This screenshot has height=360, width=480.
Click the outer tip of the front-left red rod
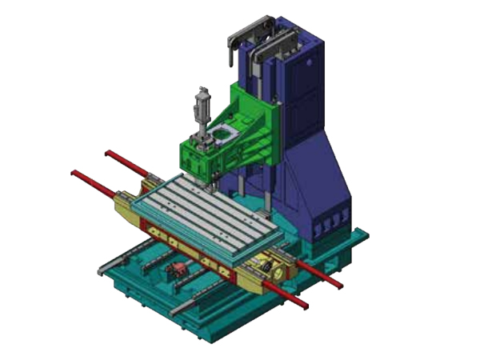pyautogui.click(x=74, y=173)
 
